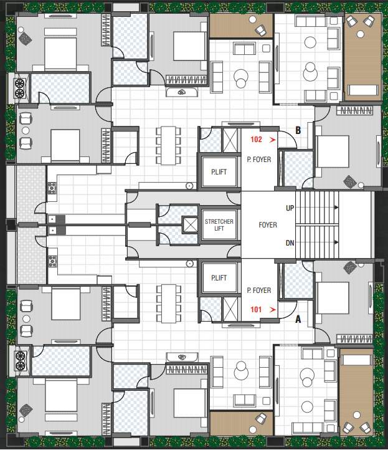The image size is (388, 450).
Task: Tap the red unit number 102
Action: click(x=257, y=141)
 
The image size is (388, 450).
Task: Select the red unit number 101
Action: click(x=256, y=309)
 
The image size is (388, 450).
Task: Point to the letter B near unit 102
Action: click(x=298, y=131)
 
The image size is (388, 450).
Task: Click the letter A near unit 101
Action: click(x=298, y=319)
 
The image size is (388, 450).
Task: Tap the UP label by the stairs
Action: click(x=290, y=208)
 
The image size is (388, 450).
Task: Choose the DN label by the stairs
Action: click(x=290, y=243)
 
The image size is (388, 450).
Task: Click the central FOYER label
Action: click(x=268, y=225)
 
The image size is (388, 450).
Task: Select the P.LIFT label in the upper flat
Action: click(x=218, y=171)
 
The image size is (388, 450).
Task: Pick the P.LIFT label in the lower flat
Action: click(x=218, y=278)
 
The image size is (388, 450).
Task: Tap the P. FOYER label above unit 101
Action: click(x=258, y=290)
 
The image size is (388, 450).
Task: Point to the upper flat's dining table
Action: click(x=169, y=145)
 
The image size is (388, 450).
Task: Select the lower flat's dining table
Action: click(x=169, y=303)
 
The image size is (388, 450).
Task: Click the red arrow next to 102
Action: click(x=272, y=141)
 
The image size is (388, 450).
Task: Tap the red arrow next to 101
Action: click(x=272, y=309)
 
